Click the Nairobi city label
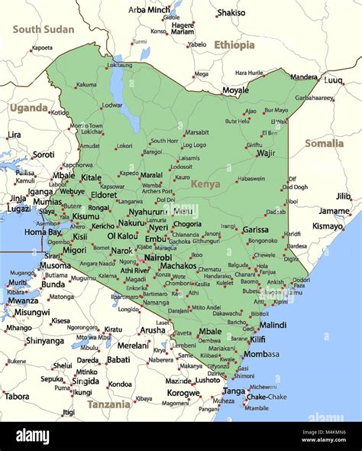[x=158, y=258]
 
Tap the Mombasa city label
[x=261, y=354]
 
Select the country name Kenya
[x=205, y=183]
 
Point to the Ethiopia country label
[x=234, y=45]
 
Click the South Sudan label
[x=44, y=29]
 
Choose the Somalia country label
[x=325, y=143]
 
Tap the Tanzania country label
[x=108, y=404]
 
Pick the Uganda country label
[x=28, y=108]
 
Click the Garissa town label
[x=255, y=229]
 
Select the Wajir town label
[x=266, y=153]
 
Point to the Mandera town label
[x=304, y=76]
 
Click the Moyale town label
[x=235, y=90]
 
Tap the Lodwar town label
[x=112, y=105]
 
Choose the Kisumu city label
[x=86, y=216]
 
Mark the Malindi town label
[x=273, y=325]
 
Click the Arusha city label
[x=152, y=330]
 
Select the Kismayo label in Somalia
[x=328, y=226]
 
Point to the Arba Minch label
[x=149, y=10]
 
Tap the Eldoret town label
[x=103, y=196]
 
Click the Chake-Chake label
[x=267, y=397]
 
